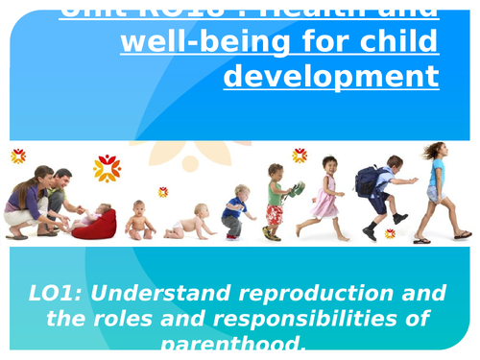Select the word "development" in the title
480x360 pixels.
point(331,76)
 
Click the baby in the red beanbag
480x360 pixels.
point(96,222)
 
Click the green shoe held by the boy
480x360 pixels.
point(299,189)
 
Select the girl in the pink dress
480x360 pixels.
point(325,196)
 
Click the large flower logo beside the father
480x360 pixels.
point(107,168)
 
